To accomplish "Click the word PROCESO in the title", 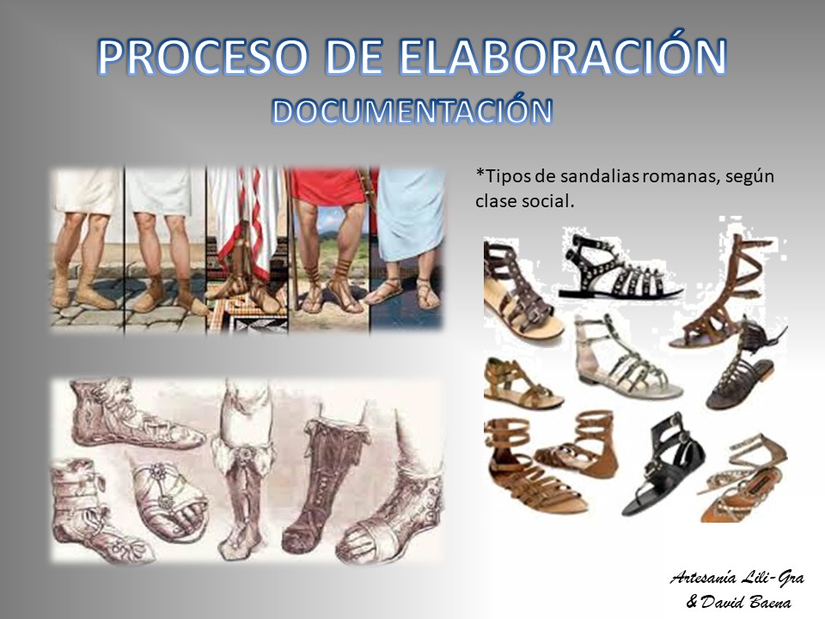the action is [202, 57].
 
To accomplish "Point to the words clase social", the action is [524, 200].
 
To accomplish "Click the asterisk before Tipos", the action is [480, 173].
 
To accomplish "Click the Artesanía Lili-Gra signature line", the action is [736, 578].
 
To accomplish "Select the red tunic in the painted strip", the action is [327, 187].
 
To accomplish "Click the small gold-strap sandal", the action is [521, 384].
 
